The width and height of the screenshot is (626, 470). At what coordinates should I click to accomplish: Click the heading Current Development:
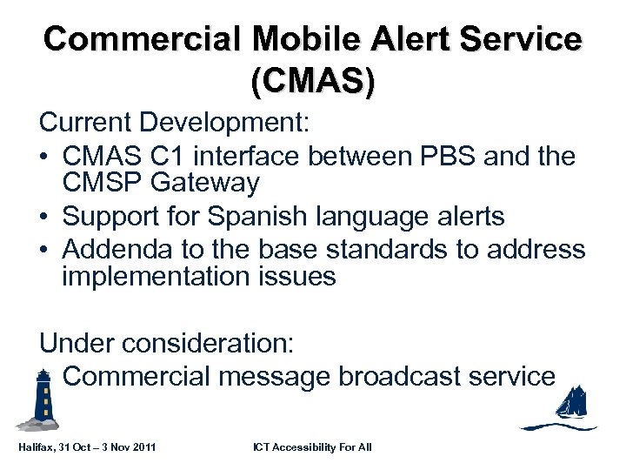coord(174,123)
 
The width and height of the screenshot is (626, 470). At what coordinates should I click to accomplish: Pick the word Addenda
coord(115,249)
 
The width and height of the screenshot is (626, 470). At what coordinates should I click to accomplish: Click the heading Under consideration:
coord(167,343)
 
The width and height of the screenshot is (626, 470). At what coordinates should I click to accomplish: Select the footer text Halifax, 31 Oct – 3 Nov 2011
coord(87,446)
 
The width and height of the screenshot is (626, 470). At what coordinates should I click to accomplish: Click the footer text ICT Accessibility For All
coord(312,446)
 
